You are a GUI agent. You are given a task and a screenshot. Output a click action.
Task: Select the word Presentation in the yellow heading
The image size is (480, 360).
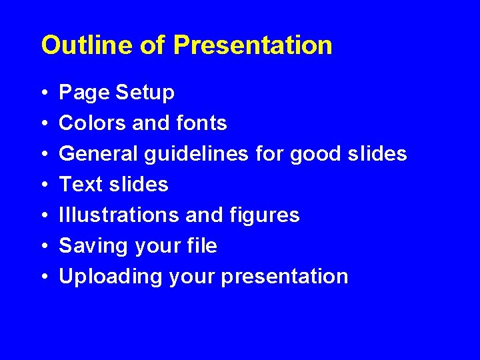(253, 45)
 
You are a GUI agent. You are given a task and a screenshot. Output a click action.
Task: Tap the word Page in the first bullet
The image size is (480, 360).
(84, 93)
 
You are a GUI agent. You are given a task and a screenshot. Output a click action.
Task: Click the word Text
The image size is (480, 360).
(81, 184)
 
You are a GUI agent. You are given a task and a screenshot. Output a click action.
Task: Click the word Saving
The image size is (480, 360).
(94, 246)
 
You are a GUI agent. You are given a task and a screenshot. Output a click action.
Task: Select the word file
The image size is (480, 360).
(201, 245)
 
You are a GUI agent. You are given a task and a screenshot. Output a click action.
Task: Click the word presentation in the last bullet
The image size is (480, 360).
(284, 277)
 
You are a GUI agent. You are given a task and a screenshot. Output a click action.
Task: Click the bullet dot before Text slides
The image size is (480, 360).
(43, 185)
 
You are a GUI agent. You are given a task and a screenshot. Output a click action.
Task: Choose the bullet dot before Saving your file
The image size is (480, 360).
(43, 247)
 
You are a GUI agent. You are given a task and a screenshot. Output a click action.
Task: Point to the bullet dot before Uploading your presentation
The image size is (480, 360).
(43, 277)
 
